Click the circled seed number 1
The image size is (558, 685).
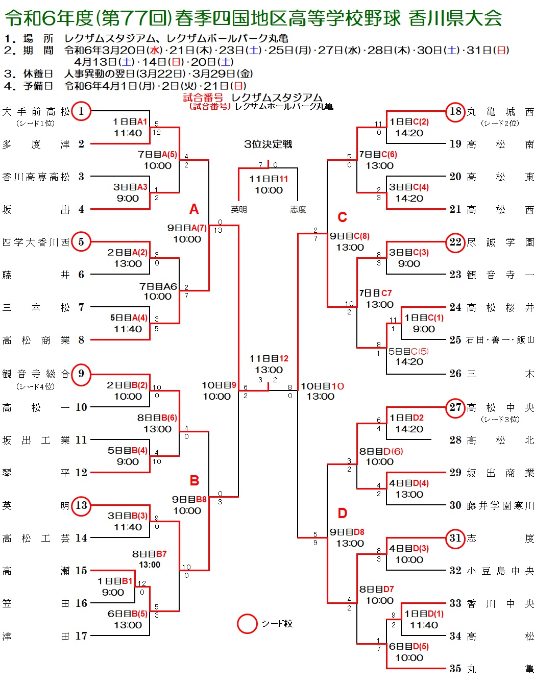pos(81,111)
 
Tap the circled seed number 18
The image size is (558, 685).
pos(455,111)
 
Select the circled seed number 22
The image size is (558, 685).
pos(455,242)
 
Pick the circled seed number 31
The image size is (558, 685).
pos(455,537)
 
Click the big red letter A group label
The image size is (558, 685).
pos(194,209)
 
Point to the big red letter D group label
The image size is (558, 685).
pos(342,513)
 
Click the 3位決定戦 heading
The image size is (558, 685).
pos(268,144)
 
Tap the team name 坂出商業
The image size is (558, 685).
pos(500,473)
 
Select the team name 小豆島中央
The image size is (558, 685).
pos(500,571)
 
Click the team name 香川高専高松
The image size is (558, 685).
pos(36,177)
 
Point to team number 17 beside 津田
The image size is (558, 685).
pos(81,635)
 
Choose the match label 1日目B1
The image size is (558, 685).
pos(115,581)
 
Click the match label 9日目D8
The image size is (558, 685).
pos(347,532)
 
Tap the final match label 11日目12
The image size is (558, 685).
pos(269,358)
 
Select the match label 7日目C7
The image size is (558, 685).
pos(375,293)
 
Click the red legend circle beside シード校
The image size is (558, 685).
pos(247,624)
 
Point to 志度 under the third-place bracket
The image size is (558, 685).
pos(298,210)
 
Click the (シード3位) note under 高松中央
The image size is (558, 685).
pos(500,419)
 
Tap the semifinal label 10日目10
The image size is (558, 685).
pos(322,386)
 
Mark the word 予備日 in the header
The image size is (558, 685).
pos(38,86)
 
